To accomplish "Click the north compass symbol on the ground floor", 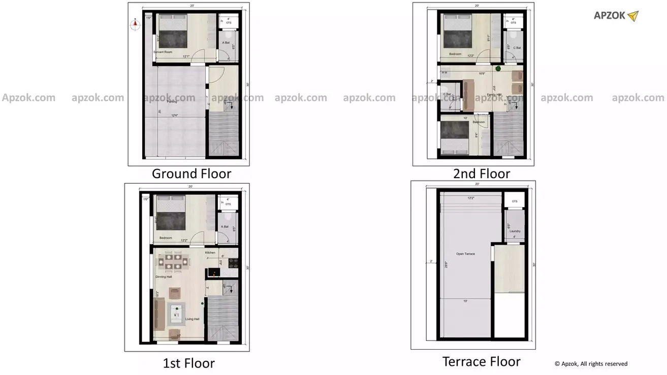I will click(x=135, y=24).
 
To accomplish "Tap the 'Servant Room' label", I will click(x=163, y=52).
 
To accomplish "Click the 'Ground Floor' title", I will click(x=192, y=174).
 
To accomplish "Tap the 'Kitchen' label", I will click(x=210, y=252).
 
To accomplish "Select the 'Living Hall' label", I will click(x=192, y=319).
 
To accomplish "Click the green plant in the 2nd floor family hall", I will click(x=498, y=69).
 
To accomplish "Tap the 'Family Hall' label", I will click(x=494, y=95).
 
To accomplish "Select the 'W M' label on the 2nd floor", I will click(x=444, y=73).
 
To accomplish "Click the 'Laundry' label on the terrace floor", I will click(x=515, y=231).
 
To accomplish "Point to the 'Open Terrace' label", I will click(x=465, y=254).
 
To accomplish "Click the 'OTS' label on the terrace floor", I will click(x=515, y=201).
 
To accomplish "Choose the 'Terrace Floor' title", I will click(x=481, y=362).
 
